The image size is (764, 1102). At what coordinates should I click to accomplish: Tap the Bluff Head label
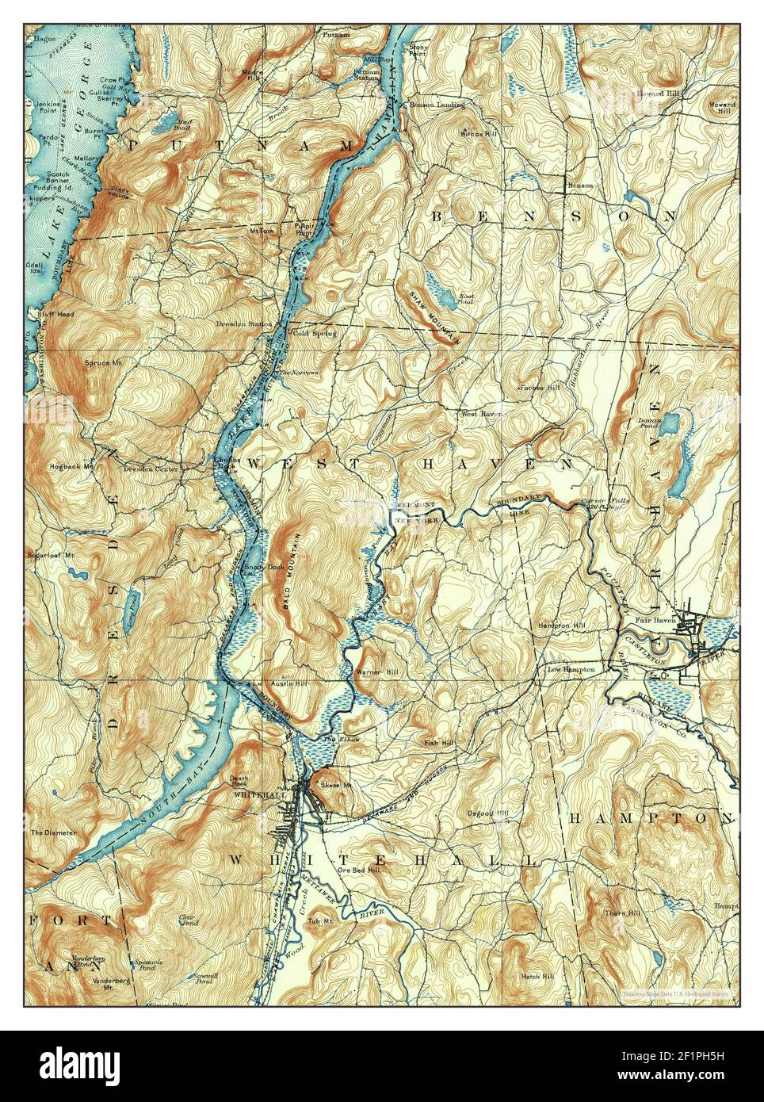coord(55,314)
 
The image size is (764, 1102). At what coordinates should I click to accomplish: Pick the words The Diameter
coord(53,832)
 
